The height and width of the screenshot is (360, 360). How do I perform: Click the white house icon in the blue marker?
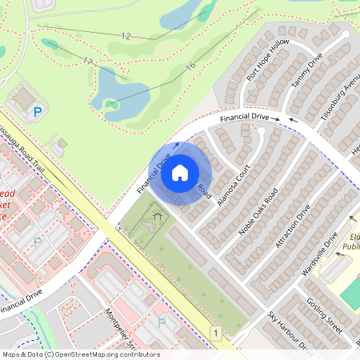[x=180, y=172]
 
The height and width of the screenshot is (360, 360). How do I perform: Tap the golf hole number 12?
[x=126, y=36]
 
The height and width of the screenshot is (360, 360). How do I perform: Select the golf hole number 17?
[x=88, y=62]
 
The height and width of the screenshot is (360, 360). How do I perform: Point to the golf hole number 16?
[x=190, y=66]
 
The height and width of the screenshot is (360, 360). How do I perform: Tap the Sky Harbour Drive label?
[x=289, y=330]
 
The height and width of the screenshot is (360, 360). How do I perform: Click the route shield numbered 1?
[x=215, y=331]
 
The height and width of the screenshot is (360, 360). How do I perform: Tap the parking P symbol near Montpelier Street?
[x=162, y=322]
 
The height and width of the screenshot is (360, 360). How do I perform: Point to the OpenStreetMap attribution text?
[x=80, y=354]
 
